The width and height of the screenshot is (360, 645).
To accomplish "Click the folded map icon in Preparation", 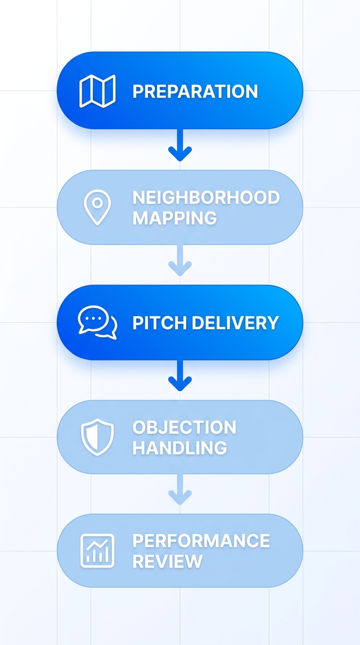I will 97,91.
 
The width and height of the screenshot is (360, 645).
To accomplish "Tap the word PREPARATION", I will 195,91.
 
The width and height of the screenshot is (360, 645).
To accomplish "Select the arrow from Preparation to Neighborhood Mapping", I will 180,145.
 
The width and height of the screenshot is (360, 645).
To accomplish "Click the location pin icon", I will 97,207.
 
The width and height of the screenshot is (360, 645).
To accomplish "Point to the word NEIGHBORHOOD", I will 206,197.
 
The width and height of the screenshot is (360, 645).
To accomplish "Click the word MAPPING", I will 174,218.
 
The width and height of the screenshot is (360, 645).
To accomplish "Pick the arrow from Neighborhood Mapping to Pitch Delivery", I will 180,261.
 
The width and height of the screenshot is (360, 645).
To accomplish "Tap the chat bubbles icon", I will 97,323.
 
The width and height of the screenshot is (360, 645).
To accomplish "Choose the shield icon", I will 97,437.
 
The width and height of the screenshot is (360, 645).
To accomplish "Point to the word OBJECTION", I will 184,427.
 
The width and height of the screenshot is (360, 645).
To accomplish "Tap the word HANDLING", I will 180,448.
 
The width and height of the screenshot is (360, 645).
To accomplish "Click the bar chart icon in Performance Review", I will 97,551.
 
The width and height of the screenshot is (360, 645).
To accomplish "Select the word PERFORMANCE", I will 201,540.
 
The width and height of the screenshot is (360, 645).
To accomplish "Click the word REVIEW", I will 167,561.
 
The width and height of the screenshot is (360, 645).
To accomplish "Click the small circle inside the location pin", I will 97,202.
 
